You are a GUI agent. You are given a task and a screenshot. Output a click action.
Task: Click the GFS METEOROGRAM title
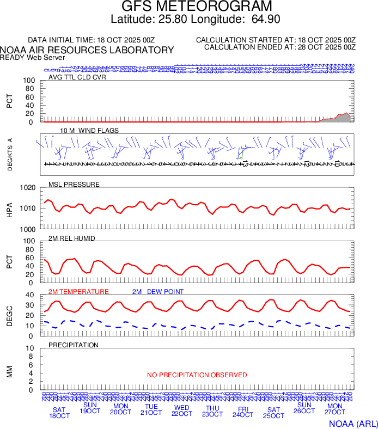(x=197, y=7)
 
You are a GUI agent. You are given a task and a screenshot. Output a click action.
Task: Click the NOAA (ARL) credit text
(x=353, y=422)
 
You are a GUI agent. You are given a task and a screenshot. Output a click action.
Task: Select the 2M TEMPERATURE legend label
(x=78, y=292)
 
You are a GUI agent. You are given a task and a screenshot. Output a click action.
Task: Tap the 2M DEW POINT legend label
(x=158, y=292)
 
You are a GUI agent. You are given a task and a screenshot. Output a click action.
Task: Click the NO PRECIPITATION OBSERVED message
(x=197, y=375)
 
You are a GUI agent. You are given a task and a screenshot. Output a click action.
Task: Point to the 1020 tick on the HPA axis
(x=28, y=188)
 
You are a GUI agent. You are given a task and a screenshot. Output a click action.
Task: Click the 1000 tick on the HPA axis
(x=28, y=229)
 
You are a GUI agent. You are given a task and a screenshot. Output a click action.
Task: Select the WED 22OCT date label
(x=182, y=410)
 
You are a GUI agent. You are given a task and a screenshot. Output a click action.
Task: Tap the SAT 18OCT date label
(x=60, y=413)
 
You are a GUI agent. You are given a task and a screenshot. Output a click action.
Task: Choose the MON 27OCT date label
(x=335, y=409)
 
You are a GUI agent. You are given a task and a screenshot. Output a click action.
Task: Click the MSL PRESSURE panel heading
(x=74, y=185)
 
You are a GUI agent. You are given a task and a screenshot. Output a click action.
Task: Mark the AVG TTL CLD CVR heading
(x=77, y=77)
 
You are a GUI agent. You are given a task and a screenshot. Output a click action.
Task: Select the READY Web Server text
(x=32, y=57)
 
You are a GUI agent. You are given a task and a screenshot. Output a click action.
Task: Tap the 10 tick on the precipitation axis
(x=31, y=348)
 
